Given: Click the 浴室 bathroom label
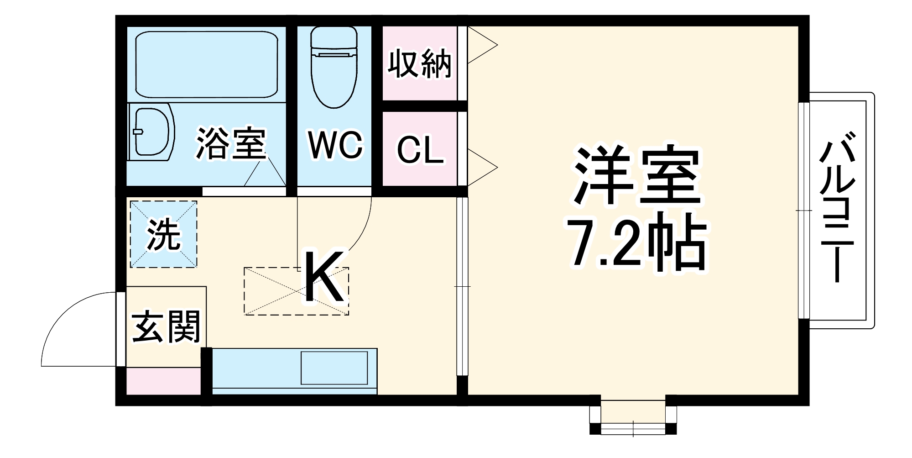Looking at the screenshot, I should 231,144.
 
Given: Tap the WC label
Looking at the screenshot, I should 335,145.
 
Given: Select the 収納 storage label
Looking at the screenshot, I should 419,64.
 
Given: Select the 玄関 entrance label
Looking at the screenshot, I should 166,327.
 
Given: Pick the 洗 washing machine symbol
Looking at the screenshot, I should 164,234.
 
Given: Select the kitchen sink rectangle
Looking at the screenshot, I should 334,368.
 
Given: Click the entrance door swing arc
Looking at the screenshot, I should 64,320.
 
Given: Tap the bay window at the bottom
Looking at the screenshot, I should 633,416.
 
